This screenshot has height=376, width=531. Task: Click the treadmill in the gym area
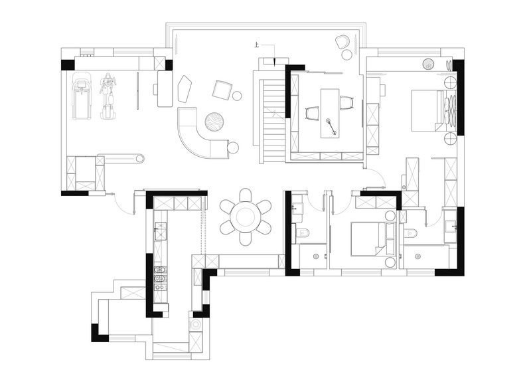click(82, 96)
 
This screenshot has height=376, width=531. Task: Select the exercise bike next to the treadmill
click(108, 96)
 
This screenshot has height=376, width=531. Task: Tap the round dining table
click(246, 217)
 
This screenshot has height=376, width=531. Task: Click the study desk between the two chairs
click(330, 113)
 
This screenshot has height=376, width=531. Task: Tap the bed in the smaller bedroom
click(373, 238)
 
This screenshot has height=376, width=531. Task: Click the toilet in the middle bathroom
click(303, 233)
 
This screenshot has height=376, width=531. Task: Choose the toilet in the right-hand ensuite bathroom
click(411, 233)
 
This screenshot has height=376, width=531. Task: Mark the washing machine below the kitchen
click(196, 325)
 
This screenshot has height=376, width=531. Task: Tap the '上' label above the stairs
click(258, 45)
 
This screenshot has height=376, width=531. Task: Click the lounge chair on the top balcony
click(343, 42)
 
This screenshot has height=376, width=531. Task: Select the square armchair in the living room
click(222, 90)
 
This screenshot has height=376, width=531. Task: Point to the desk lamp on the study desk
click(331, 127)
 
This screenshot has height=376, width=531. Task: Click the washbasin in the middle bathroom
click(297, 207)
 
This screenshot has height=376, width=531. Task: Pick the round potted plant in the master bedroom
click(429, 63)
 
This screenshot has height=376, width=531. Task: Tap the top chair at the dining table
click(246, 196)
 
